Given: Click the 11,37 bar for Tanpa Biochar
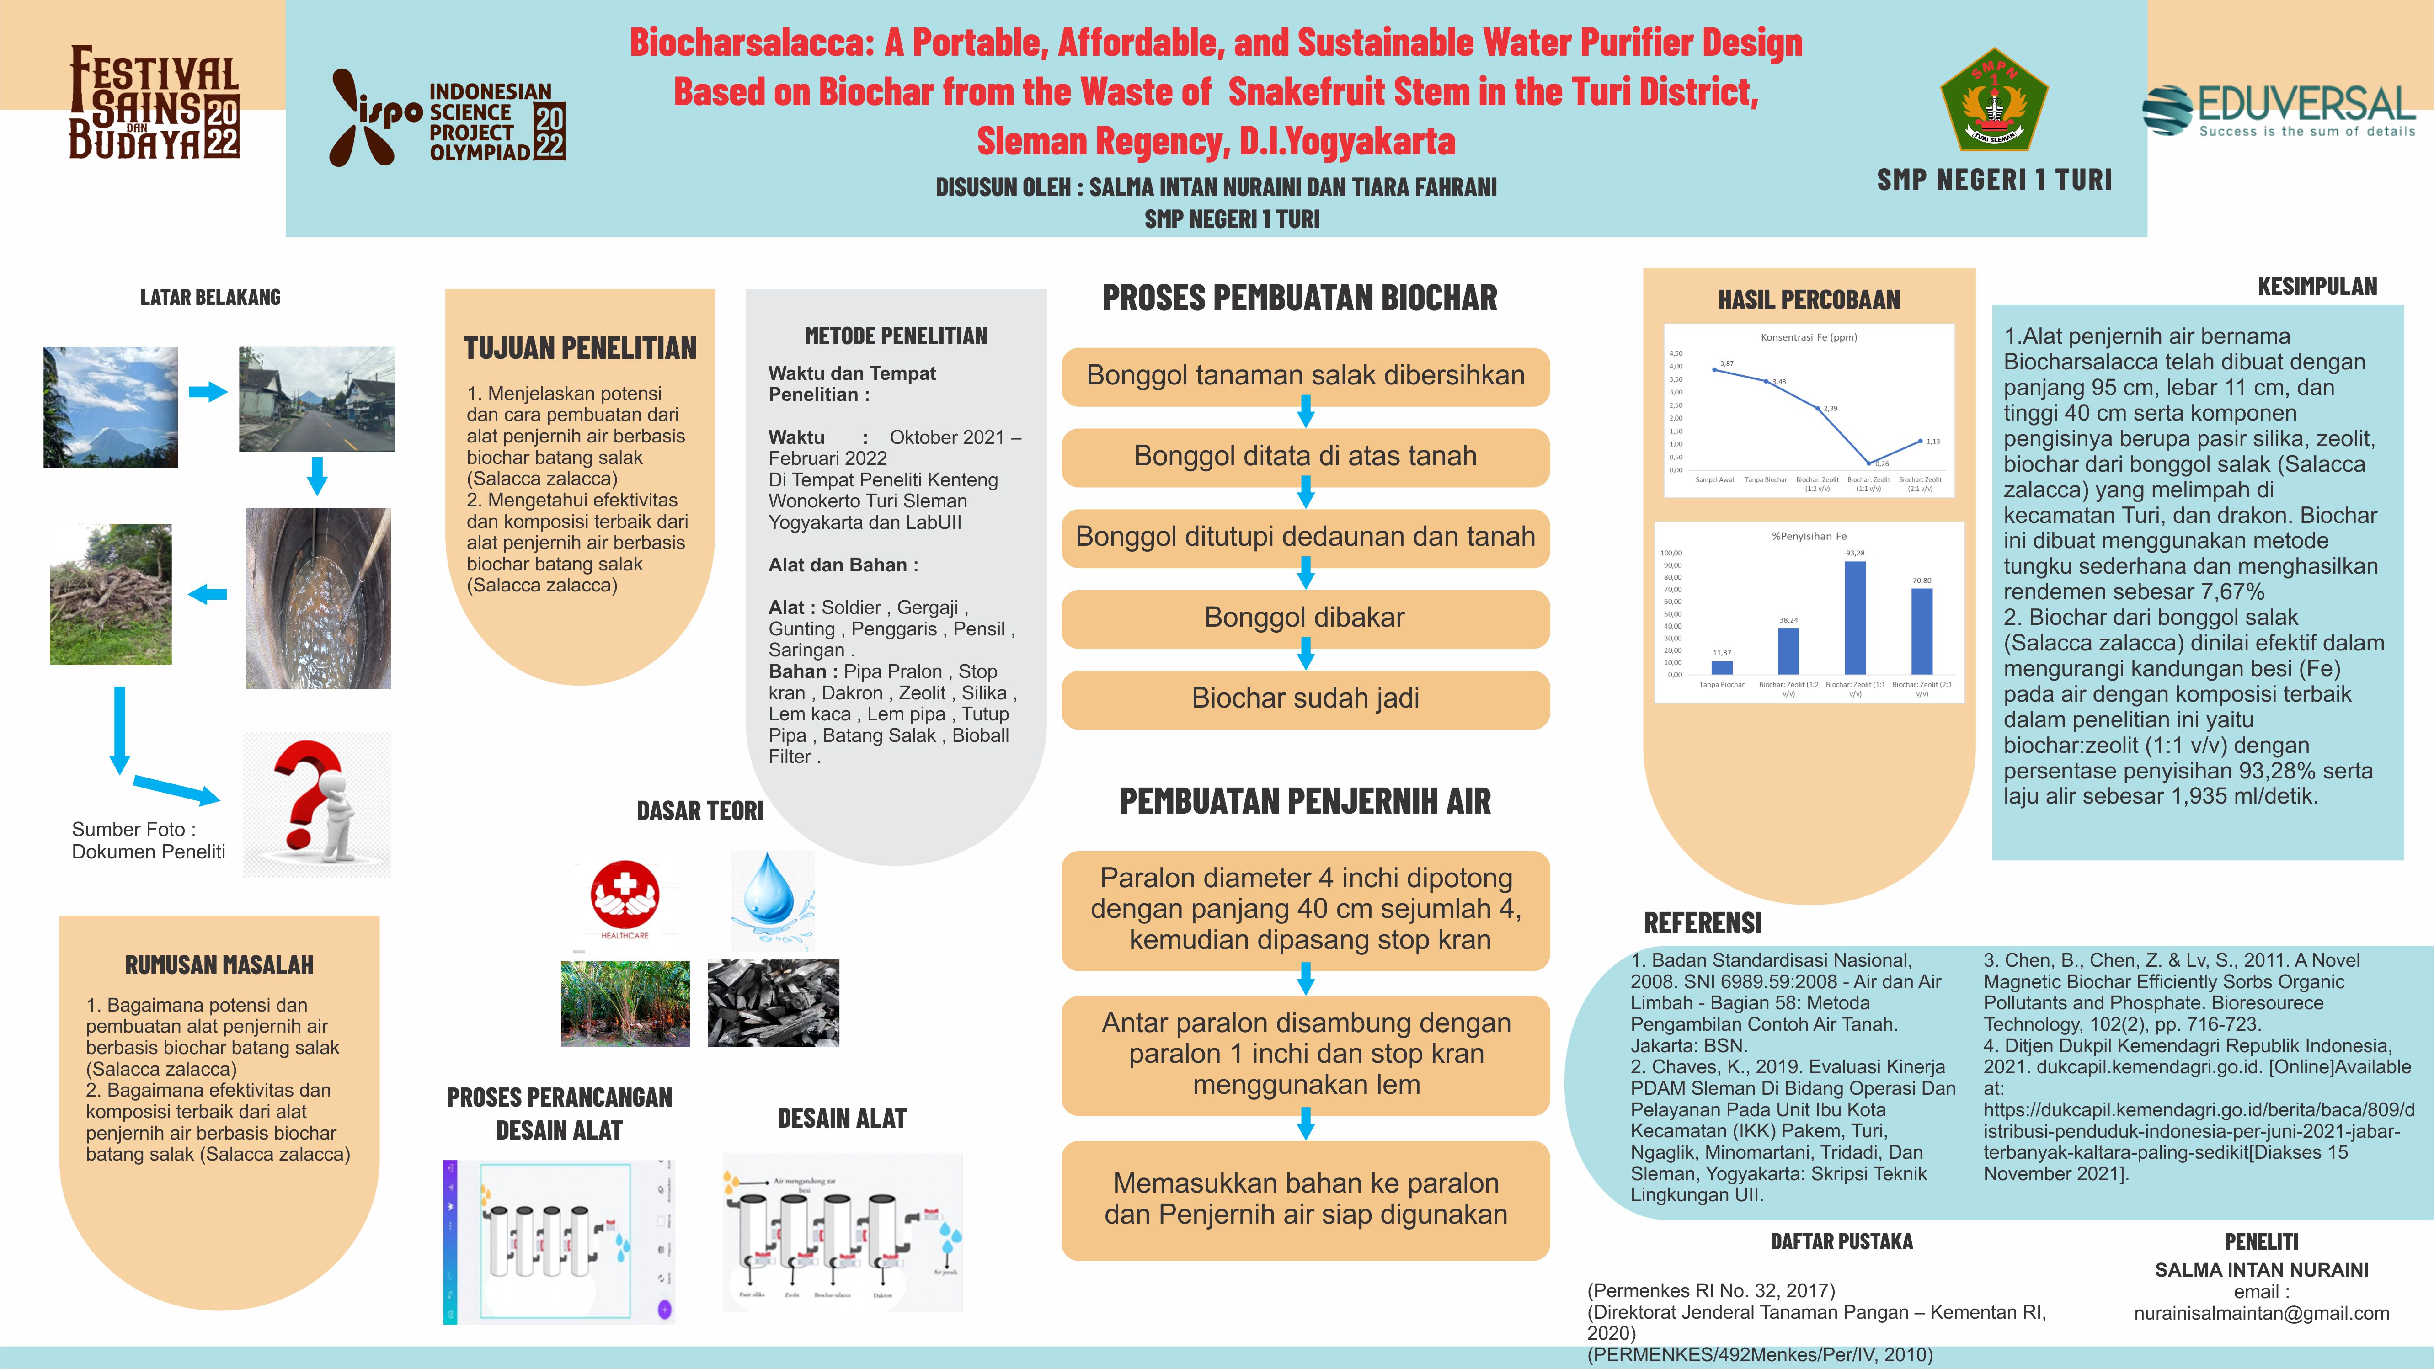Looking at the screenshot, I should coord(1722,667).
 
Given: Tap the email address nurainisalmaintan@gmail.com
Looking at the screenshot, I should coord(2261,1313).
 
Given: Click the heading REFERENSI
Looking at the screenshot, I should coord(1703,923).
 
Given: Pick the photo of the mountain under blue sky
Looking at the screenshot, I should coord(111,407).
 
